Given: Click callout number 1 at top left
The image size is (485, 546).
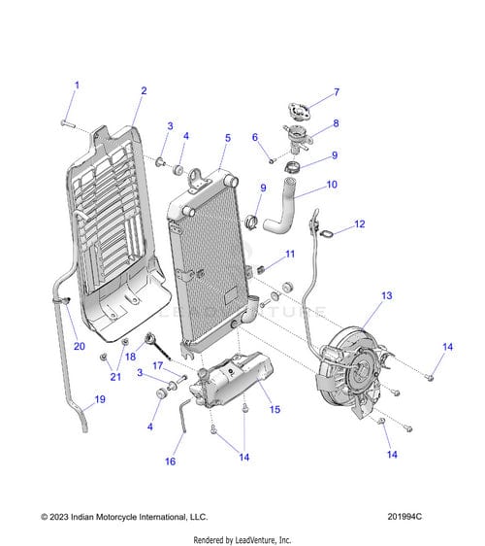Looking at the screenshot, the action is pyautogui.click(x=77, y=85).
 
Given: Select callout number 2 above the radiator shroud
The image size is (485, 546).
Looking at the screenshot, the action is pyautogui.click(x=144, y=91).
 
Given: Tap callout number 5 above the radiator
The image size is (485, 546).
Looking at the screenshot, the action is pyautogui.click(x=228, y=138).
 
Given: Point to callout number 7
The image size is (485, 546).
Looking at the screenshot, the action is pyautogui.click(x=337, y=92).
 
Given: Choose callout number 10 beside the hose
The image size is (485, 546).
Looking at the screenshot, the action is pyautogui.click(x=332, y=185).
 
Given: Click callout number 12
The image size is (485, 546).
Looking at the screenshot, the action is pyautogui.click(x=360, y=223).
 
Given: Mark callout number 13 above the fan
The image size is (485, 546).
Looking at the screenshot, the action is pyautogui.click(x=387, y=295).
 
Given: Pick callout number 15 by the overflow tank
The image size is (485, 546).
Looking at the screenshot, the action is pyautogui.click(x=275, y=410).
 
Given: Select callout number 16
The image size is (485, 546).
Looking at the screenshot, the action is pyautogui.click(x=170, y=461).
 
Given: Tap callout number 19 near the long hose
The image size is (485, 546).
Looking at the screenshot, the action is pyautogui.click(x=100, y=399).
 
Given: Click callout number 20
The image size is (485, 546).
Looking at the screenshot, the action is pyautogui.click(x=80, y=346).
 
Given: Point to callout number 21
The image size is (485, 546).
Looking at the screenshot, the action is pyautogui.click(x=115, y=377).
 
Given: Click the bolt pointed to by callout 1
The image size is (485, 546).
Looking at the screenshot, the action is pyautogui.click(x=68, y=123).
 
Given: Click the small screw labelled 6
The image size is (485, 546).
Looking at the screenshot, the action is pyautogui.click(x=273, y=161).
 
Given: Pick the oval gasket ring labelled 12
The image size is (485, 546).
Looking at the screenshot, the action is pyautogui.click(x=326, y=234).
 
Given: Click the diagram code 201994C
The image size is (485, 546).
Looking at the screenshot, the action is pyautogui.click(x=404, y=517).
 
